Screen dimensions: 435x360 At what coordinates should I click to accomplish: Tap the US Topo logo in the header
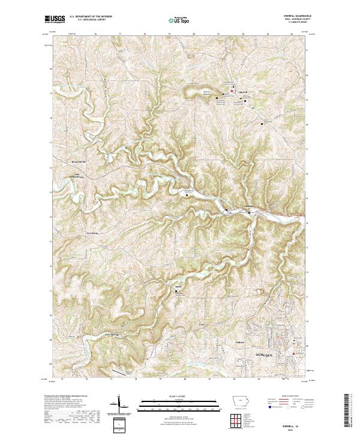[x=179, y=20]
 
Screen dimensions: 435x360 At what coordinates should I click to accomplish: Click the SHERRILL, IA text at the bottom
[x=292, y=422]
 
